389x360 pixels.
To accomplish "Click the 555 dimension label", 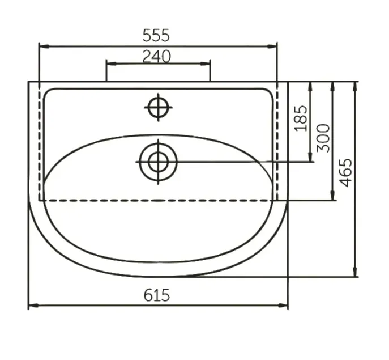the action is tap(156, 35).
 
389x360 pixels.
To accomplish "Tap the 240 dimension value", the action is tap(156, 56).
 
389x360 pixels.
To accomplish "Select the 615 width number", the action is tap(157, 295).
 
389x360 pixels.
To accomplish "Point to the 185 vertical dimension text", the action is tap(301, 118).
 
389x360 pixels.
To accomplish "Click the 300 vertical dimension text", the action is tap(323, 138).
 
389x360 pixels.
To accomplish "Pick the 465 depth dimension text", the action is tap(345, 172).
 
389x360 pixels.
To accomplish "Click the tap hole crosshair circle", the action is tap(159, 108).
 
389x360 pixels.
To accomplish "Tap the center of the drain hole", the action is tap(159, 162).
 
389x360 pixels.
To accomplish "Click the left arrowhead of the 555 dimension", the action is tap(44, 46).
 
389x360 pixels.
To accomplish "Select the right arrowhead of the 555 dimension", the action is tap(272, 46).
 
